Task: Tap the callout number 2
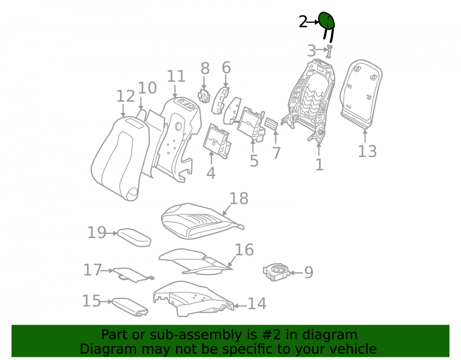click(303, 22)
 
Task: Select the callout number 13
click(367, 152)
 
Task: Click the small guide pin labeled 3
click(329, 52)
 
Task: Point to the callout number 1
click(319, 165)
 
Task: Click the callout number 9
click(308, 272)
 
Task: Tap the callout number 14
click(257, 304)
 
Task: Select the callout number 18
click(239, 199)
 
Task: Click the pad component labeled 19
click(134, 237)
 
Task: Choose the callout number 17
click(92, 270)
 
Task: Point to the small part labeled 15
click(130, 307)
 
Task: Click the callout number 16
click(244, 250)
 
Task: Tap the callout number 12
click(125, 96)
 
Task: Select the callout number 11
click(176, 77)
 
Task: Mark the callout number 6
click(226, 68)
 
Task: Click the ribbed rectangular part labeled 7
click(271, 124)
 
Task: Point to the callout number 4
click(211, 173)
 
